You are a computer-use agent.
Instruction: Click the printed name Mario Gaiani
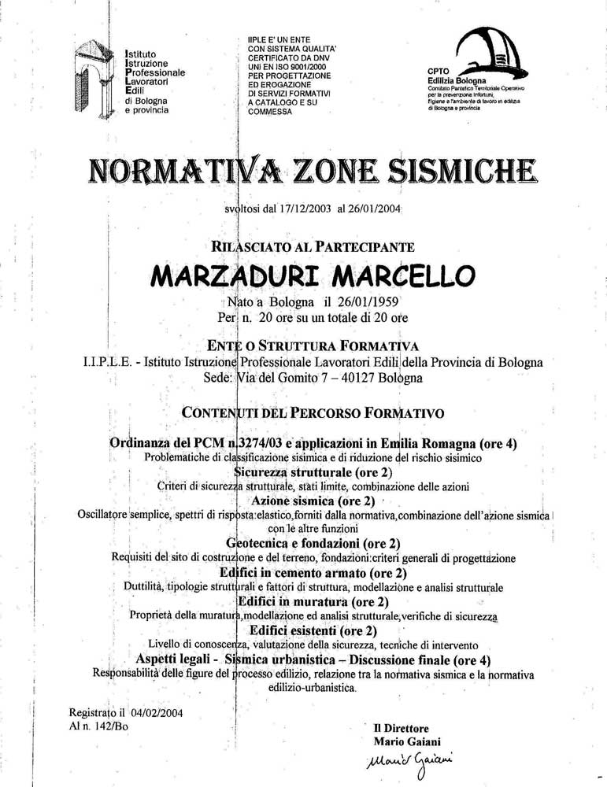[407, 741]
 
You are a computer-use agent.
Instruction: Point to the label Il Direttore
[401, 728]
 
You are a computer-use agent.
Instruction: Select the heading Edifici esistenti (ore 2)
[313, 630]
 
